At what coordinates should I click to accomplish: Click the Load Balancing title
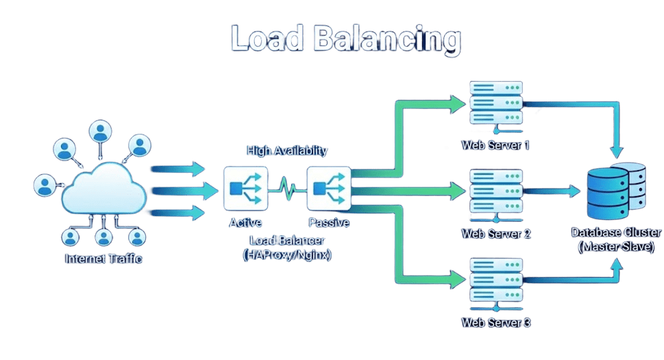click(x=345, y=39)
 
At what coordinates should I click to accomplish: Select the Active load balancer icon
click(x=245, y=187)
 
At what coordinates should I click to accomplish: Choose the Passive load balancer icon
click(x=329, y=187)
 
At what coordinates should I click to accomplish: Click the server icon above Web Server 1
click(x=496, y=104)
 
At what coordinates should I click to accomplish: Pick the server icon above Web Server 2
click(x=496, y=193)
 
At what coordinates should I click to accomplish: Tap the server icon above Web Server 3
click(x=496, y=281)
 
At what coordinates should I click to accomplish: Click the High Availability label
click(x=287, y=150)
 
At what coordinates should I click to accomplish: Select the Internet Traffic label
click(x=103, y=259)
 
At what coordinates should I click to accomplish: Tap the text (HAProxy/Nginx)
click(x=287, y=254)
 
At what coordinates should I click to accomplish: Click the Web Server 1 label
click(x=495, y=145)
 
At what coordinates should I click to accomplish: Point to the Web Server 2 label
click(x=495, y=234)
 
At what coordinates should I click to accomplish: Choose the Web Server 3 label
click(x=495, y=322)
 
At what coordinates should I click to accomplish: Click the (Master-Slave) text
click(x=616, y=246)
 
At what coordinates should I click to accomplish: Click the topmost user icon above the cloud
click(x=101, y=131)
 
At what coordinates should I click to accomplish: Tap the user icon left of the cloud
click(x=45, y=185)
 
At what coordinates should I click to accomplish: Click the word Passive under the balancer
click(x=329, y=223)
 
